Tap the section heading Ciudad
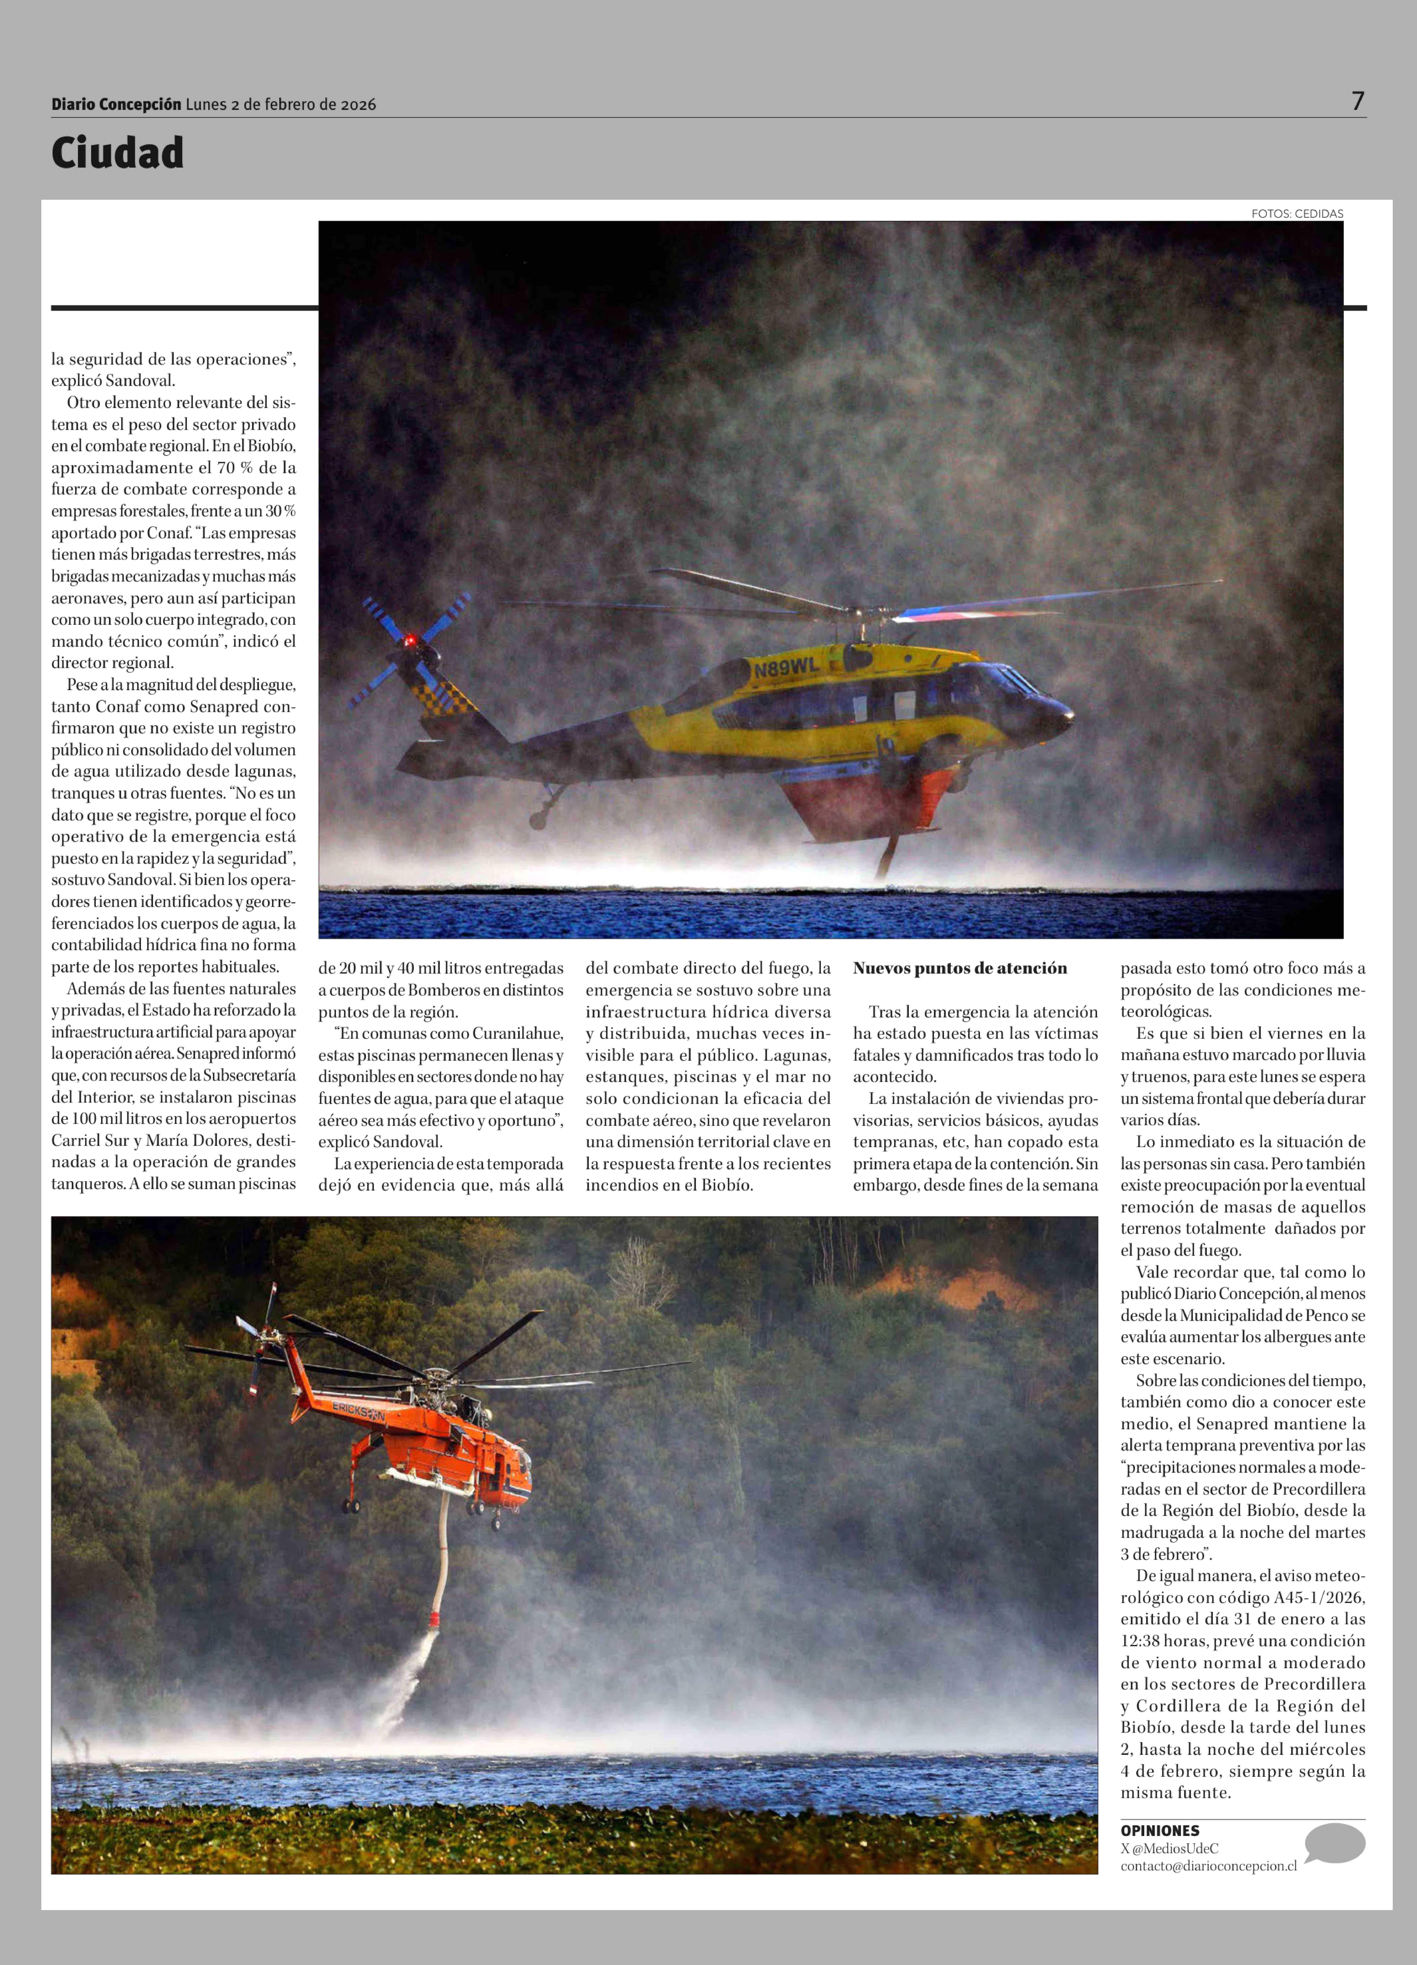[118, 153]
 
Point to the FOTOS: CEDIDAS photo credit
[1297, 213]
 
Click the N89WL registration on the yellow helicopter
[786, 667]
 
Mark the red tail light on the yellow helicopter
[410, 641]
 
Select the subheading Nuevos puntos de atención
[960, 969]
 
